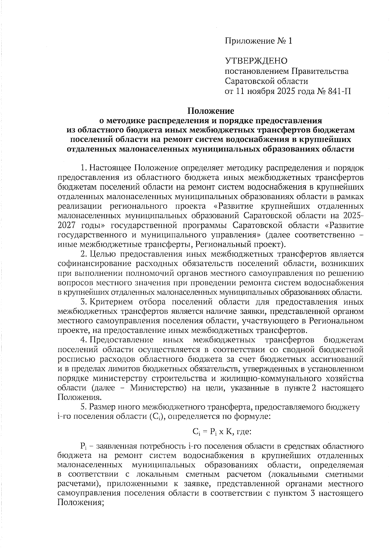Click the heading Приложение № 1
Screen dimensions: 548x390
pos(258,41)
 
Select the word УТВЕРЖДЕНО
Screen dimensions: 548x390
pos(256,61)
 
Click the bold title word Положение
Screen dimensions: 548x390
pos(210,111)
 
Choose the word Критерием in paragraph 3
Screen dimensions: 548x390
pos(111,302)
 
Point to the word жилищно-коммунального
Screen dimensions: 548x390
pos(275,379)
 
